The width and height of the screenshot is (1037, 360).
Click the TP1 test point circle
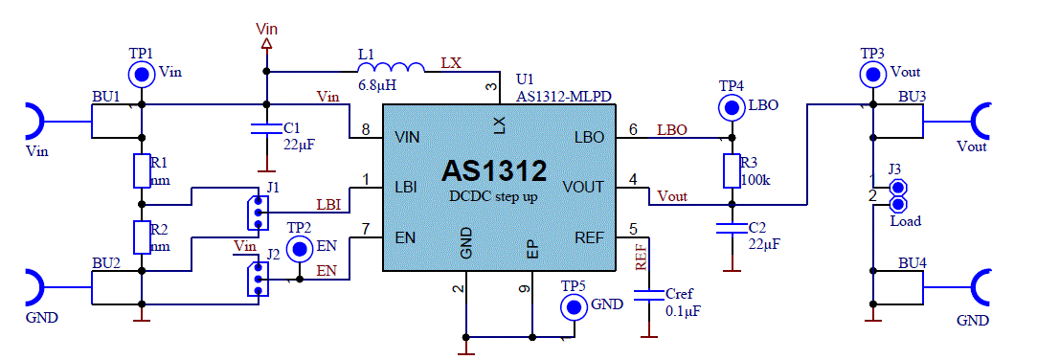point(142,73)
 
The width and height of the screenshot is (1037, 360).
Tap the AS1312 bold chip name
point(493,171)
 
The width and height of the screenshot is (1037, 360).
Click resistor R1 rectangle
point(142,170)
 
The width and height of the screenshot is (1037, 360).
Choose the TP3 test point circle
point(871,73)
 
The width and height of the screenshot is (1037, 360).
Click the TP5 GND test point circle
point(574,306)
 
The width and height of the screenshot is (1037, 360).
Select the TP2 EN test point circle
point(301,249)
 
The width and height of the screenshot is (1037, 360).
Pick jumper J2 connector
point(256,279)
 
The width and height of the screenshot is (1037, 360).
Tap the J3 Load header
point(898,196)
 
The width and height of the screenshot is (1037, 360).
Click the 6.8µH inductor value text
point(378,85)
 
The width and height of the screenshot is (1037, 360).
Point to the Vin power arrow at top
point(266,44)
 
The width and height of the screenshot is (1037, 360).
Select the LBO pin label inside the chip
point(590,138)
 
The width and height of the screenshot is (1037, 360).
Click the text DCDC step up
point(493,196)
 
